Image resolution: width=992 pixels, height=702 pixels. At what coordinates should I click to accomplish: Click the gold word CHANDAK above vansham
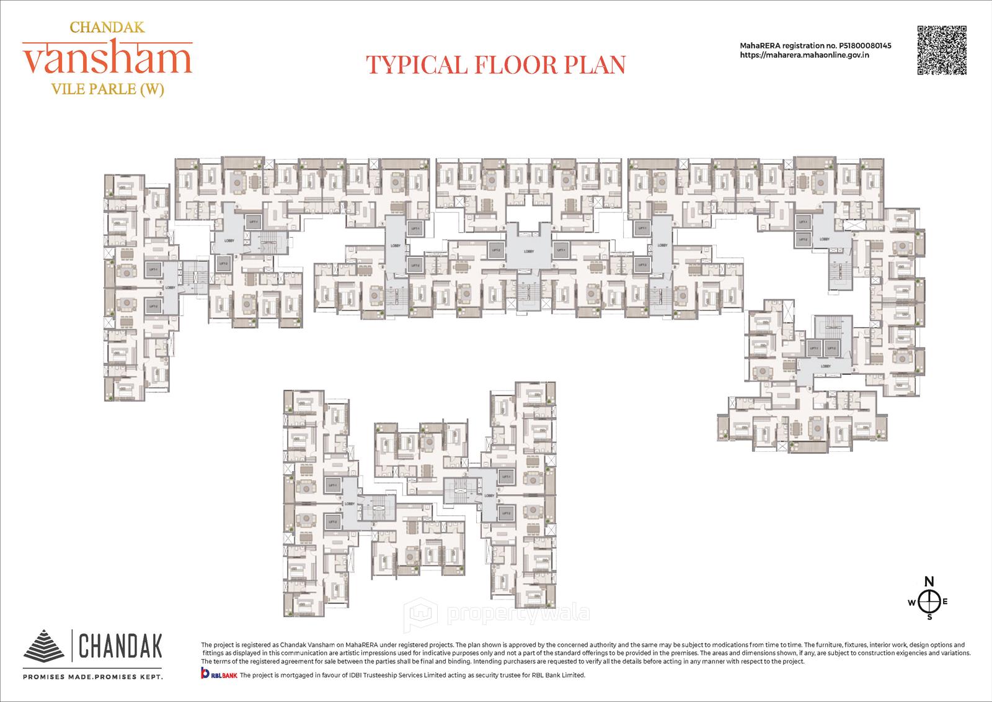tap(107, 27)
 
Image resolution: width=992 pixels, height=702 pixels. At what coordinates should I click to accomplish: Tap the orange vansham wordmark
tap(107, 60)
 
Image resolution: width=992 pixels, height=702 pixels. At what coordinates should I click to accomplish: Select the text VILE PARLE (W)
tap(107, 89)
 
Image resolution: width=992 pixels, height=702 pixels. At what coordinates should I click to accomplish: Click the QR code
tap(942, 50)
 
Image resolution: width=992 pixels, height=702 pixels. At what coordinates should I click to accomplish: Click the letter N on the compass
tap(929, 582)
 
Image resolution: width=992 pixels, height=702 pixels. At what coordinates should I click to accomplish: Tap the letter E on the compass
tap(945, 601)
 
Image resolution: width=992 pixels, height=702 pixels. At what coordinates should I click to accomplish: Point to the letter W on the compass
tap(911, 602)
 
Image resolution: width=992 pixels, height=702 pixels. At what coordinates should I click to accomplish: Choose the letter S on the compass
tap(929, 617)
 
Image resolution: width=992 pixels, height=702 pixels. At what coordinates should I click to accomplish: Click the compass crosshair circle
tap(929, 601)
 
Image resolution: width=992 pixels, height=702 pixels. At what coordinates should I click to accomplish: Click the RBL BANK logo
tap(218, 675)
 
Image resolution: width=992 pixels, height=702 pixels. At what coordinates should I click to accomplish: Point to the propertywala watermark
tap(496, 614)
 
